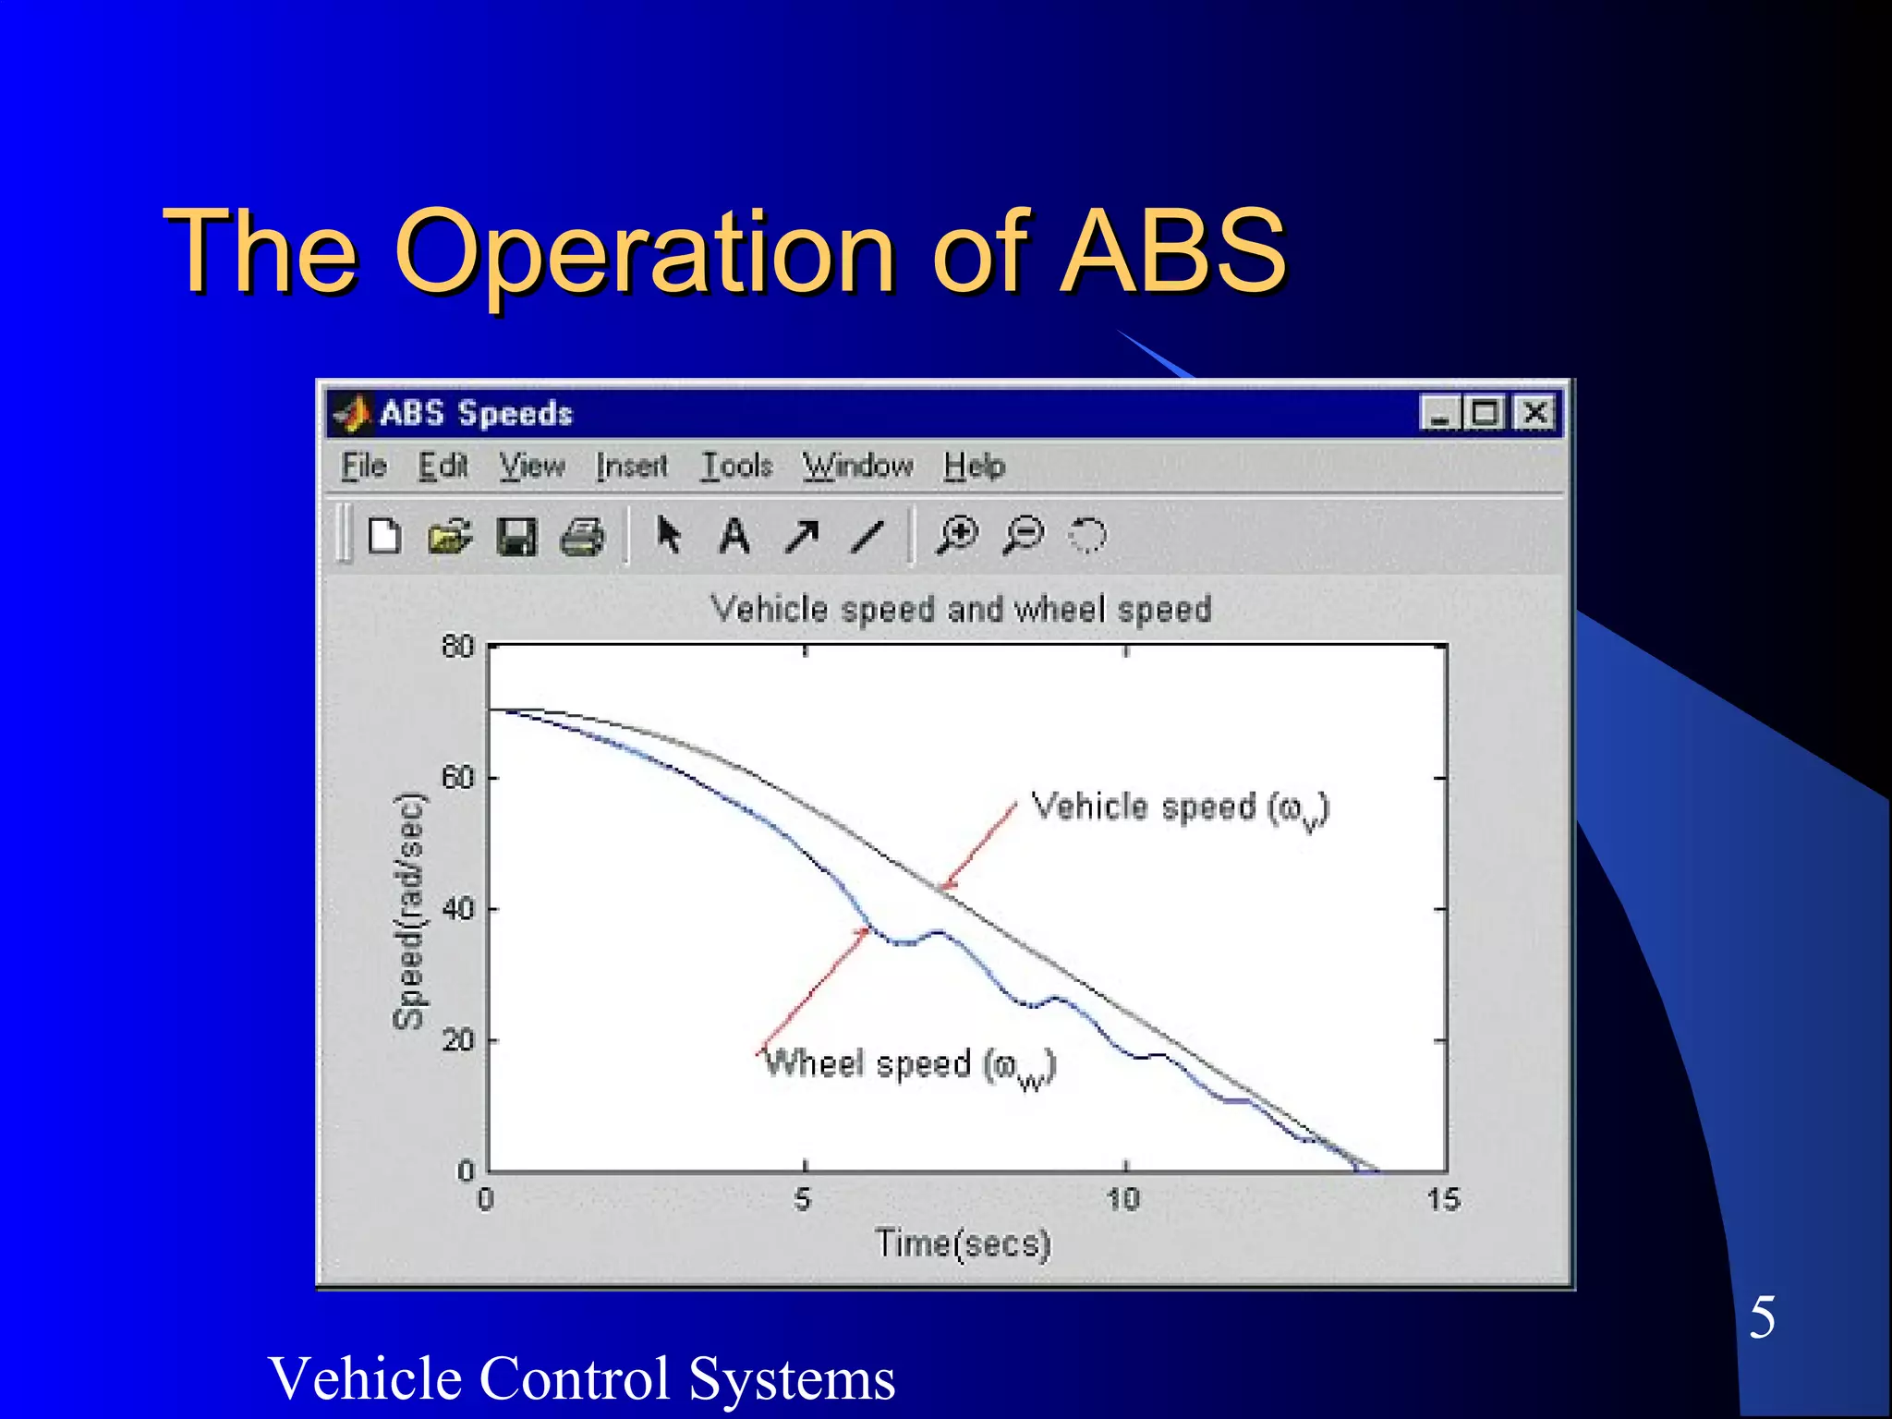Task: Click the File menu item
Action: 363,466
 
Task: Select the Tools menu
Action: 736,466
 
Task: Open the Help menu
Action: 974,466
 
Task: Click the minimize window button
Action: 1438,412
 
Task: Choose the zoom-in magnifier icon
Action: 957,535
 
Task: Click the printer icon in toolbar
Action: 583,536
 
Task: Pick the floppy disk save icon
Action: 515,536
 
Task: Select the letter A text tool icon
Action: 734,536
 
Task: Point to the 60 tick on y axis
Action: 457,778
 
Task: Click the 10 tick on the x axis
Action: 1123,1199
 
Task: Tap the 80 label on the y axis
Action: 457,646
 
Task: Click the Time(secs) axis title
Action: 963,1243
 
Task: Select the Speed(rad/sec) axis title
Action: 409,911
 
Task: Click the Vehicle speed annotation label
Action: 1179,808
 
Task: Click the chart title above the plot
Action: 961,610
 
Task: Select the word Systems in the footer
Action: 792,1378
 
